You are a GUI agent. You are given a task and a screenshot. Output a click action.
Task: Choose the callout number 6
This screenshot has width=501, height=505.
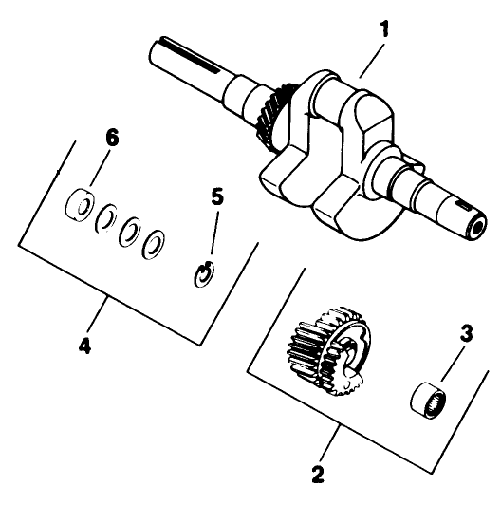click(x=111, y=138)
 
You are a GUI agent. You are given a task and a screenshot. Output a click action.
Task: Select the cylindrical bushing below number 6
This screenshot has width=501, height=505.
click(x=78, y=204)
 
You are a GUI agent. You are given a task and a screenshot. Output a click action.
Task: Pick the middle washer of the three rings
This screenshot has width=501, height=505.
click(x=130, y=234)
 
